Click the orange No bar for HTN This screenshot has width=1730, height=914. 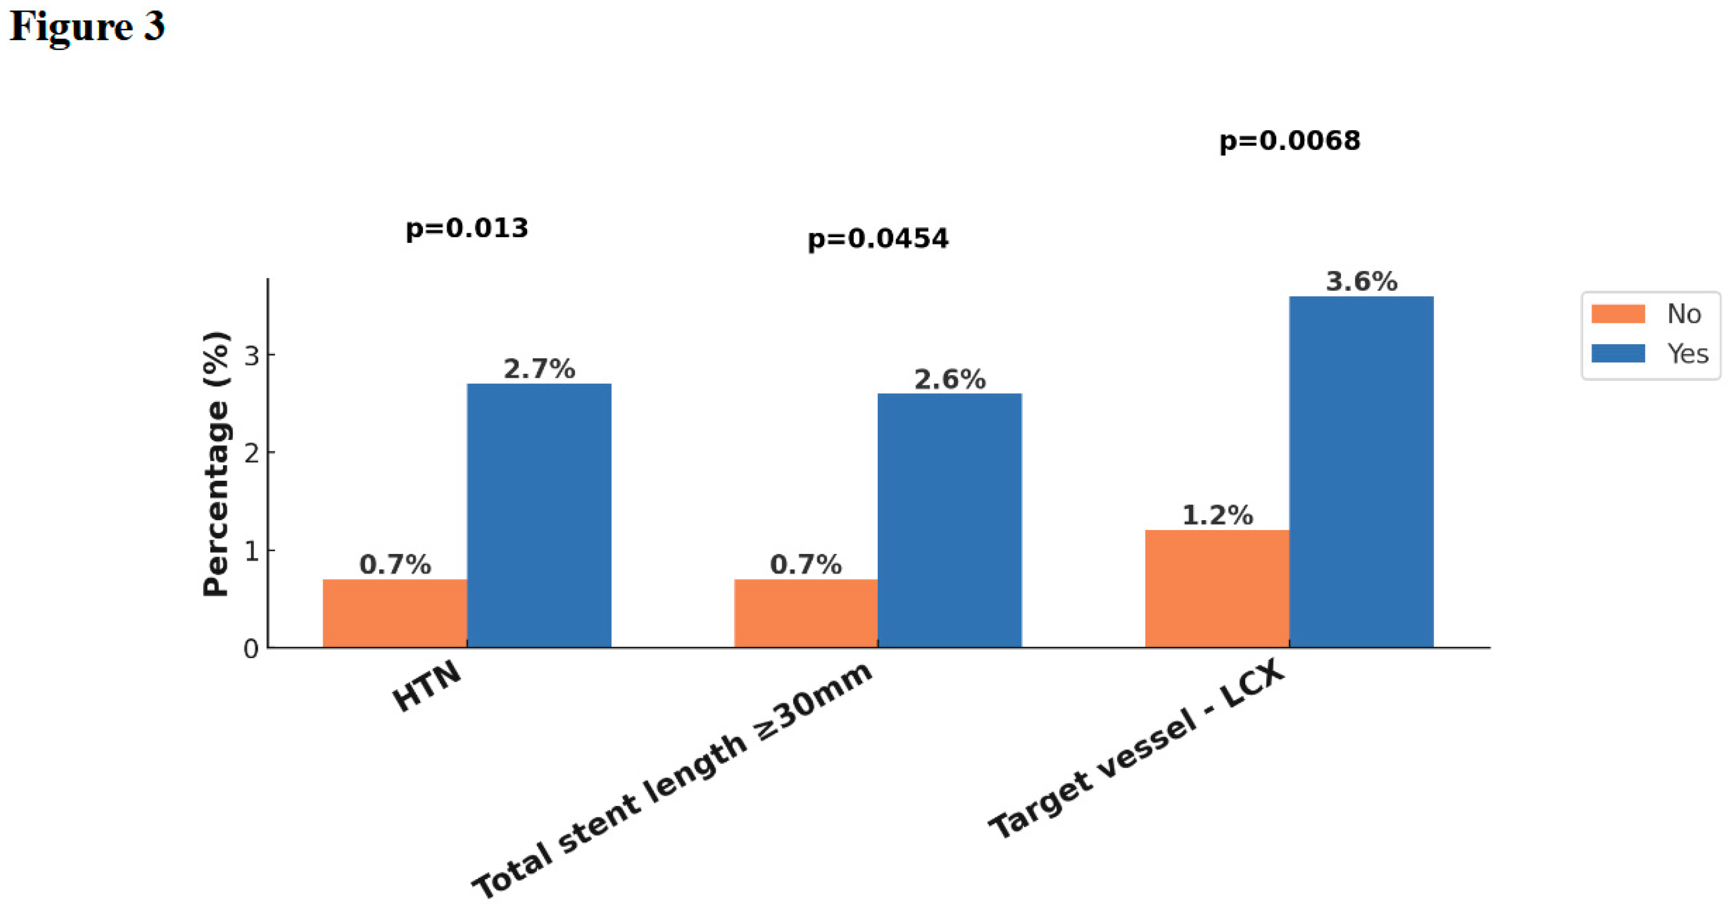click(x=395, y=613)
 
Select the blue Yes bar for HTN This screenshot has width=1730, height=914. click(x=539, y=515)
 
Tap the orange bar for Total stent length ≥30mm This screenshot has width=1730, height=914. click(x=806, y=613)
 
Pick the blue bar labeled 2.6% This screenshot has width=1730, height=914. click(x=949, y=521)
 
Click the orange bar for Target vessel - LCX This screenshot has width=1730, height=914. click(x=1217, y=588)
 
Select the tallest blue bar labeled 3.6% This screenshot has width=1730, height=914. click(x=1361, y=471)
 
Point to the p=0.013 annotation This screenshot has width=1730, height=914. click(x=467, y=228)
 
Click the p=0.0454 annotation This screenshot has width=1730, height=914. click(x=878, y=238)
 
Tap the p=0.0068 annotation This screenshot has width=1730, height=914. click(x=1289, y=140)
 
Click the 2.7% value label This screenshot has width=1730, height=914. click(x=539, y=369)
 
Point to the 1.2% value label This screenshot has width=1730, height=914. click(x=1217, y=515)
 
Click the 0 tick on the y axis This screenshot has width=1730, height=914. click(x=251, y=649)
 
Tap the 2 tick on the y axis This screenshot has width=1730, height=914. click(x=251, y=454)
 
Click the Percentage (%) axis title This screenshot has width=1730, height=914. click(x=216, y=463)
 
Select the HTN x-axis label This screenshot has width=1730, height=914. click(x=428, y=686)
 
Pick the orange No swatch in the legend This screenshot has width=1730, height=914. click(x=1618, y=314)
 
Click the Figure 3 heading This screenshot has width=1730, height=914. click(x=87, y=27)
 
